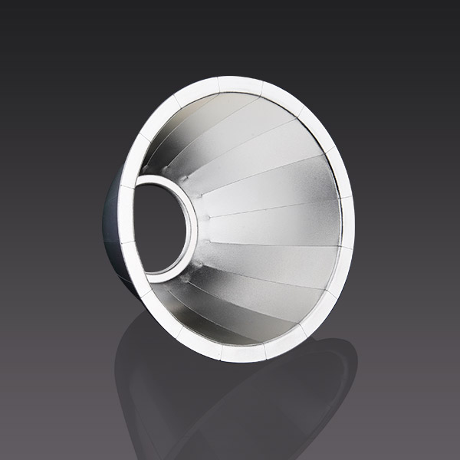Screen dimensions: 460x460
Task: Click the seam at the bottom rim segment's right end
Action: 266,350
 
